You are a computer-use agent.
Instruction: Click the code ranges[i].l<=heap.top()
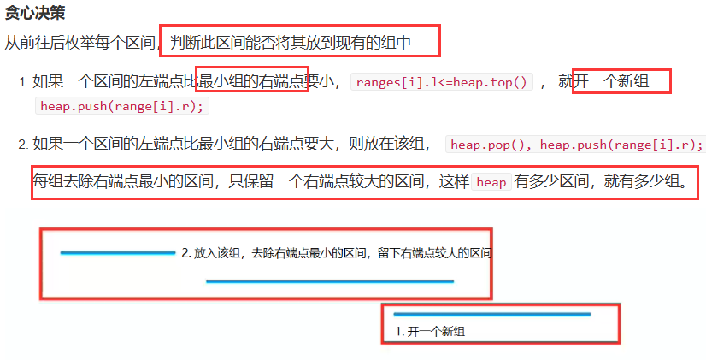pyautogui.click(x=442, y=82)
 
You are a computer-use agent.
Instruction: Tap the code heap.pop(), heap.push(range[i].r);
pyautogui.click(x=575, y=144)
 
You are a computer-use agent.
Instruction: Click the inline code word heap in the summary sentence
pyautogui.click(x=491, y=182)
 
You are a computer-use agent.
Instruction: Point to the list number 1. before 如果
pyautogui.click(x=23, y=83)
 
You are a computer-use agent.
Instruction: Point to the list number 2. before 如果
pyautogui.click(x=23, y=145)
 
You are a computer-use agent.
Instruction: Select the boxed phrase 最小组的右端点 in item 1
pyautogui.click(x=253, y=82)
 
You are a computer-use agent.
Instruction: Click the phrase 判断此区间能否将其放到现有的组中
pyautogui.click(x=291, y=41)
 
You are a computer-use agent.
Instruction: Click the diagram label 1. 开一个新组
pyautogui.click(x=431, y=331)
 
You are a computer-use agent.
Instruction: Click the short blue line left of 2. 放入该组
pyautogui.click(x=117, y=252)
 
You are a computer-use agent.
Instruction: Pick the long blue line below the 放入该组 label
pyautogui.click(x=329, y=280)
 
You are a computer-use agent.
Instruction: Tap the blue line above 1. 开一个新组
pyautogui.click(x=491, y=315)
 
